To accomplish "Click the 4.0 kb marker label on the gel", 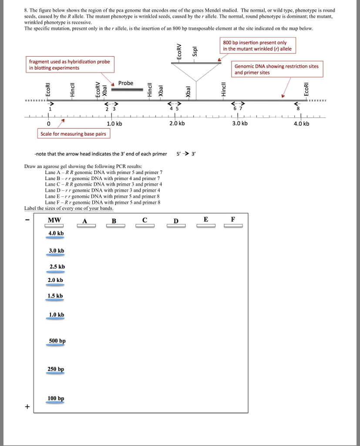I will tap(56, 233).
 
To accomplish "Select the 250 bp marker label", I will tap(56, 369).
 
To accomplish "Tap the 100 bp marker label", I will tap(56, 398).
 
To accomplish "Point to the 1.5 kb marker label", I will tap(55, 296).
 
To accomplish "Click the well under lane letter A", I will tap(85, 226).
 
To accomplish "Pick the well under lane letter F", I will tap(233, 226).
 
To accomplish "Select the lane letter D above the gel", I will tap(176, 220).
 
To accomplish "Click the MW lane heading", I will tap(54, 220).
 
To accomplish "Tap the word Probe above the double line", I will tap(126, 83).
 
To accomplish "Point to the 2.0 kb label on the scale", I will tap(177, 123).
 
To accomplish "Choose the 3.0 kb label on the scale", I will tap(239, 123).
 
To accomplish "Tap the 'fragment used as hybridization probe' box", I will tap(70, 65).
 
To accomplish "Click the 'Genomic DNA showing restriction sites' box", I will tap(276, 69).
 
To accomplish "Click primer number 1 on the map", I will tap(50, 109).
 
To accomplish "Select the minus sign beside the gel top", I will tap(27, 220).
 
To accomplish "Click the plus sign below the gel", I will tap(28, 407).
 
